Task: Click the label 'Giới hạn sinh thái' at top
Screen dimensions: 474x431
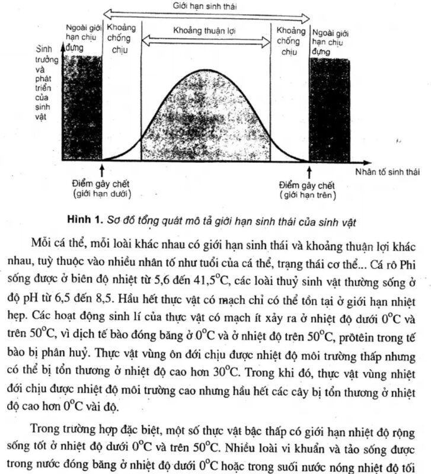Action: coord(207,5)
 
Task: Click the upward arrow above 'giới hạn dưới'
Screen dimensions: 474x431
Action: coord(103,172)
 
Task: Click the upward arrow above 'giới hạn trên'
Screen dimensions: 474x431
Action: coord(309,172)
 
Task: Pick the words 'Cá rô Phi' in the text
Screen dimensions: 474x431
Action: coord(388,247)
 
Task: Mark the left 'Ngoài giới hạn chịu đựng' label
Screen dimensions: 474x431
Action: coord(84,37)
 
